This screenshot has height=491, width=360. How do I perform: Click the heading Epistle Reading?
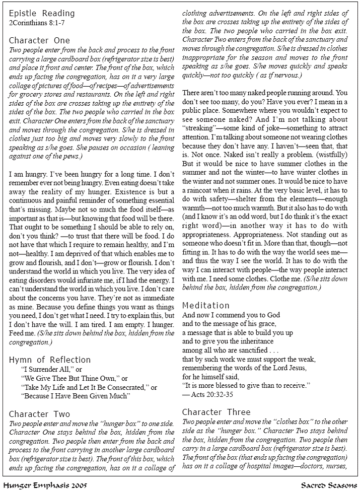42,13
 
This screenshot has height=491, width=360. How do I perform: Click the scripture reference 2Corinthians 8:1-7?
37,23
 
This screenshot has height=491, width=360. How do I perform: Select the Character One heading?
40,40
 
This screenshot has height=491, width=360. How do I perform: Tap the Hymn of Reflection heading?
50,360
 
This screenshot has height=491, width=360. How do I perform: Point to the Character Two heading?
40,414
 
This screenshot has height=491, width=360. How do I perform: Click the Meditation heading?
206,305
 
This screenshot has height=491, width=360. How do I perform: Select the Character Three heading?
217,412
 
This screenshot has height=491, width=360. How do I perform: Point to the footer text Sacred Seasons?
329,485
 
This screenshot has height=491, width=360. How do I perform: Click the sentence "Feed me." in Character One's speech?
22,333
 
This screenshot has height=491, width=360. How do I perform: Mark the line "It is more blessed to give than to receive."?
246,385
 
